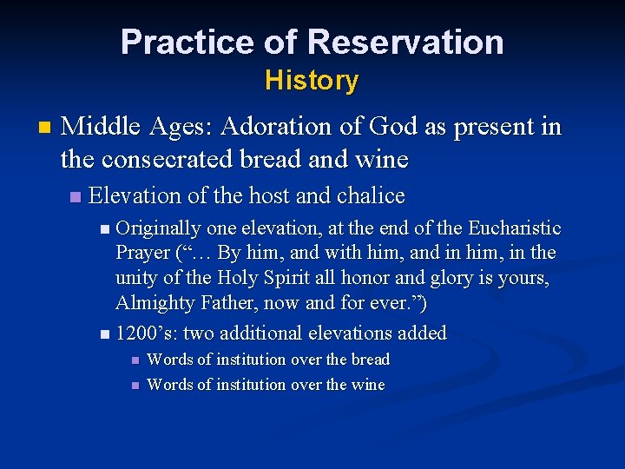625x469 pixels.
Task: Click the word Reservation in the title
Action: tap(405, 42)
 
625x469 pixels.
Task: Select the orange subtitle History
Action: tap(312, 81)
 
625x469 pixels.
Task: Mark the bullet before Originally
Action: tap(105, 230)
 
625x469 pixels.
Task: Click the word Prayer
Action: tap(143, 254)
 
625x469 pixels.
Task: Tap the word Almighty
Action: tap(154, 303)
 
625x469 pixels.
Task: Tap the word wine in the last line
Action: tap(368, 385)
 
